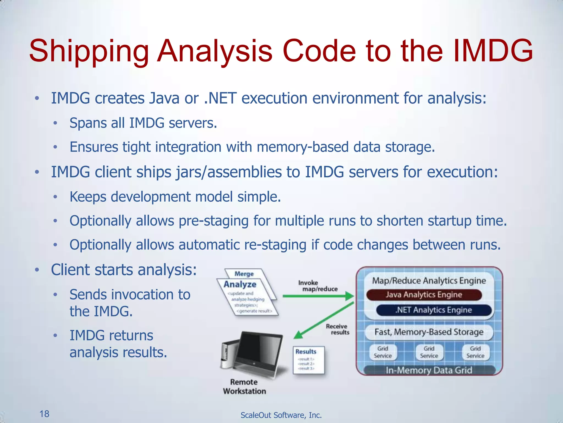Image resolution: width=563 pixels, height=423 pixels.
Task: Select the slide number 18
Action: click(44, 414)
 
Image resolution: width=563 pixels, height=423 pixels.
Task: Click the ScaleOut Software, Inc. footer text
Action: click(281, 415)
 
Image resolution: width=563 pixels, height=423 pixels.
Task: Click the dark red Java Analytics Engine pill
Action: click(424, 295)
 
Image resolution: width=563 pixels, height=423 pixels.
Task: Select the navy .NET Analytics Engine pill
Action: click(434, 310)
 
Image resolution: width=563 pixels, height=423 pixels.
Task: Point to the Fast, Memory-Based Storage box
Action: click(429, 332)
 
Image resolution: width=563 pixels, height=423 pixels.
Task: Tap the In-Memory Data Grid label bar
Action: click(429, 370)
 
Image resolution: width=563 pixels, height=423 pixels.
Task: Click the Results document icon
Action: click(308, 360)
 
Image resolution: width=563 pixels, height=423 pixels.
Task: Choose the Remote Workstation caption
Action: click(244, 386)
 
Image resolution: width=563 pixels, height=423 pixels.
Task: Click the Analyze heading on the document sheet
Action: click(240, 284)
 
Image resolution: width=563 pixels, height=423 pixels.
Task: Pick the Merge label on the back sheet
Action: click(244, 274)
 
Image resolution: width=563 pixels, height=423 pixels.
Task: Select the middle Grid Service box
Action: click(429, 352)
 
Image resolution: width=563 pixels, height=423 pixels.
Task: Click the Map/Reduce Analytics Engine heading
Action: click(429, 281)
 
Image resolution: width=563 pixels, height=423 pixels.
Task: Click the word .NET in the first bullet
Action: click(220, 98)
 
